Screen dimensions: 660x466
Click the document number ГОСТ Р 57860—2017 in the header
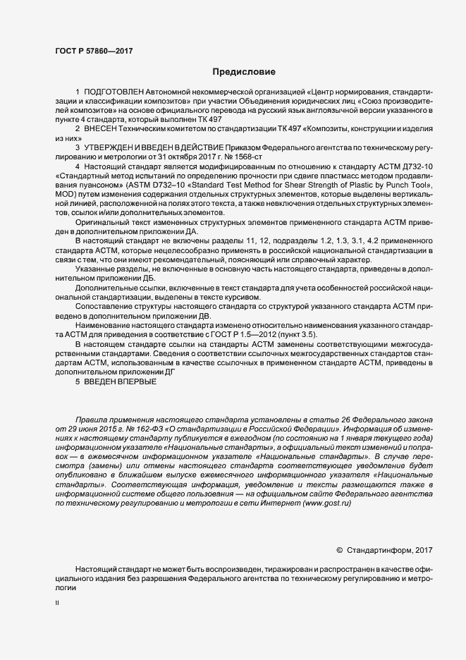(94, 51)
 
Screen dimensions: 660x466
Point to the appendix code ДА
(193, 231)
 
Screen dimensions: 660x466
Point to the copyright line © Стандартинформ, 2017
(385, 549)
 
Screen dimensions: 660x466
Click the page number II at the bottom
(58, 603)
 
